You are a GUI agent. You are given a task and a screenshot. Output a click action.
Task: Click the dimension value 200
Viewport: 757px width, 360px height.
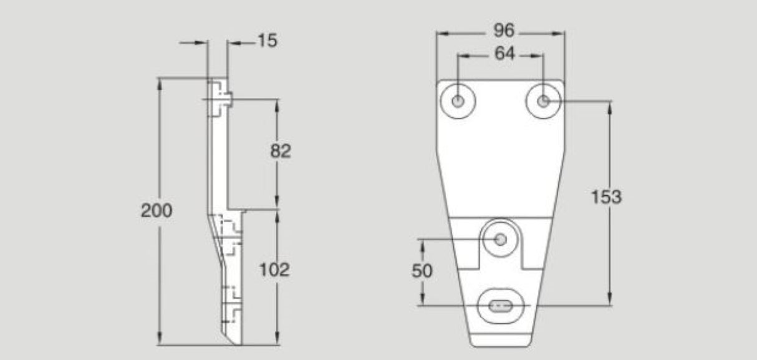[x=156, y=211]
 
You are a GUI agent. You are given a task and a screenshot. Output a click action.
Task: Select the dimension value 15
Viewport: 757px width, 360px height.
[x=266, y=41]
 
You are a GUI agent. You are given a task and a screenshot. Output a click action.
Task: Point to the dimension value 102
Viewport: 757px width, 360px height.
[x=275, y=270]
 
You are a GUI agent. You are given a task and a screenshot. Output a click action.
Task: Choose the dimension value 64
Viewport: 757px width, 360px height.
[x=504, y=54]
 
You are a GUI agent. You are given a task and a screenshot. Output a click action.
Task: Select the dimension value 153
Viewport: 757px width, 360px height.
[x=606, y=197]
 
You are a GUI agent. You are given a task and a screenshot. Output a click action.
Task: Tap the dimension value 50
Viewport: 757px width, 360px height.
[x=422, y=270]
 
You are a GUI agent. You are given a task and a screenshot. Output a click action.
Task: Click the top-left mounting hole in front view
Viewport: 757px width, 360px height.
[x=458, y=100]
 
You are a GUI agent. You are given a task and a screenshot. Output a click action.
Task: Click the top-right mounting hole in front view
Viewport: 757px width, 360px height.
[x=543, y=100]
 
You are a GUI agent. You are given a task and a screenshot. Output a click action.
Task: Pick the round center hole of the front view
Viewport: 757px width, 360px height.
[x=500, y=239]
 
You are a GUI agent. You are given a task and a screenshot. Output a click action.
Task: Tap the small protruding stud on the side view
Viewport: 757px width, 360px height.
[x=229, y=98]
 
